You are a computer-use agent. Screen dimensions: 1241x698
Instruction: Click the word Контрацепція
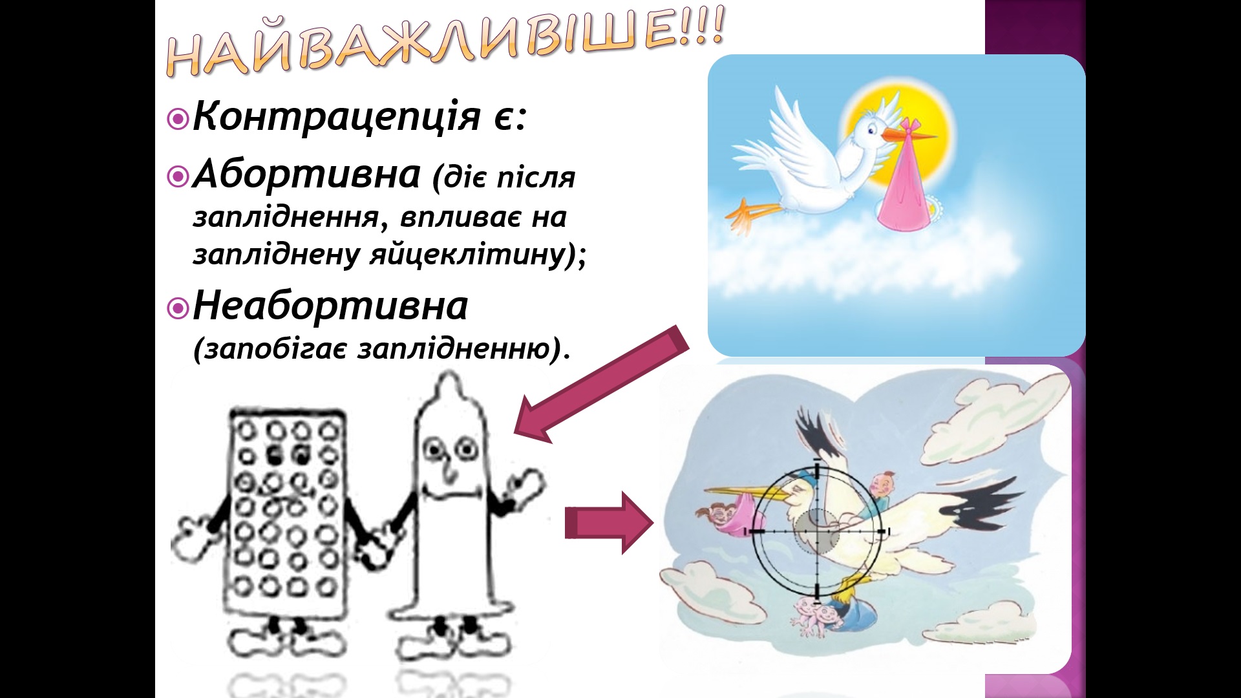tap(336, 117)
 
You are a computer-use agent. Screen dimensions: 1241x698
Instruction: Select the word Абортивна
tap(307, 174)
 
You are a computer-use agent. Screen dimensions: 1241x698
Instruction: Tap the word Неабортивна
tap(330, 306)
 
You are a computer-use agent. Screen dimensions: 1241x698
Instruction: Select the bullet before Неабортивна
tap(177, 308)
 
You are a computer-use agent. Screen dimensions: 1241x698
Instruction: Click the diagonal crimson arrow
tap(601, 385)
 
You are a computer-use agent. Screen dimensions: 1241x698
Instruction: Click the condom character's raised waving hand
tap(526, 488)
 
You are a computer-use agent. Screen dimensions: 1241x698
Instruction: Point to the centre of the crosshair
tap(818, 531)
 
